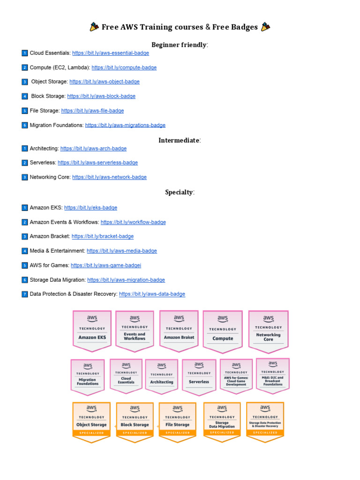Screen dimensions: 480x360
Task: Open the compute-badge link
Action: (x=124, y=67)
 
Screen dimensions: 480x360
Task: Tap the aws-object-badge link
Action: (x=104, y=82)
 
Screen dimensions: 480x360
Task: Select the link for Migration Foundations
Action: (x=125, y=125)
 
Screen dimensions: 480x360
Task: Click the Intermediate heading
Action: (x=180, y=140)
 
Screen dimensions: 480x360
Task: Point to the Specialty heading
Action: (x=180, y=192)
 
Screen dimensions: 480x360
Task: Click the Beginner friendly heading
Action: (x=180, y=45)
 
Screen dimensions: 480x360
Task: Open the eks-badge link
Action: (x=90, y=208)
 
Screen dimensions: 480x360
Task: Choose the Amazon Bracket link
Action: (x=102, y=236)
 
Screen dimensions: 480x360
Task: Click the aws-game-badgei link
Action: (x=105, y=265)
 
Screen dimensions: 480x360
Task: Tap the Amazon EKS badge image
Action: (x=92, y=330)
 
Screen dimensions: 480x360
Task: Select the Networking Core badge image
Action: (x=268, y=330)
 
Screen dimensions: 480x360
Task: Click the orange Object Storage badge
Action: (x=91, y=421)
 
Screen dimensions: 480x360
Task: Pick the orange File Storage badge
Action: (x=177, y=421)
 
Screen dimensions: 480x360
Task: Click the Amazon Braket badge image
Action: (x=179, y=330)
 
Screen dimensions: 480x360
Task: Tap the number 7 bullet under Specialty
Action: (x=25, y=294)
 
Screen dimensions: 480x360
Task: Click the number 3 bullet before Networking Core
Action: (x=25, y=177)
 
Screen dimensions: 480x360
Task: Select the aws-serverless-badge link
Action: (x=97, y=163)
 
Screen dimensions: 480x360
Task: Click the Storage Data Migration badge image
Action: (x=222, y=421)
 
